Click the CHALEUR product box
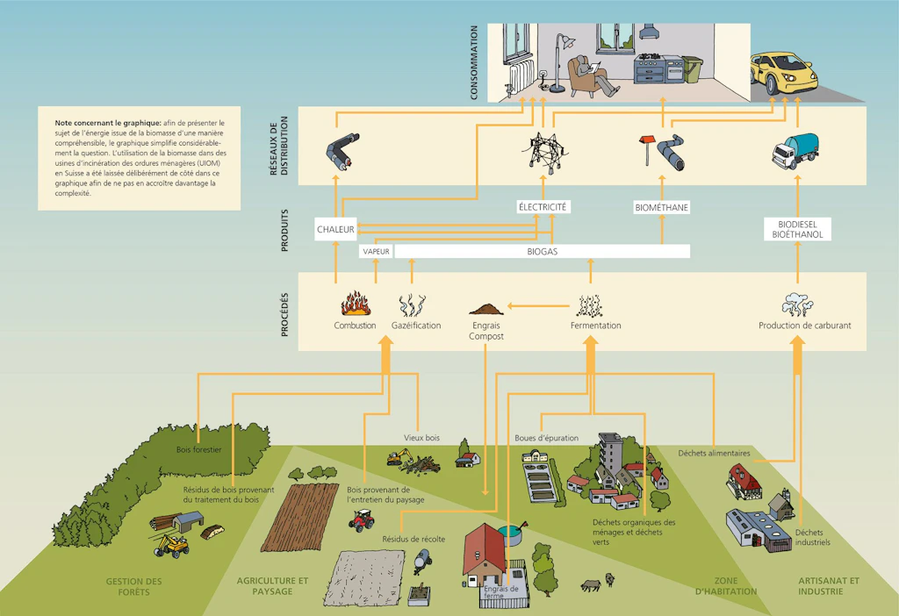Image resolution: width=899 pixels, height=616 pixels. (x=335, y=229)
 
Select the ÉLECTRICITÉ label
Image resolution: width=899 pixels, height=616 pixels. (x=543, y=207)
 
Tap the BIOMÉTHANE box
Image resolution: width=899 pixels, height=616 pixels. (x=662, y=207)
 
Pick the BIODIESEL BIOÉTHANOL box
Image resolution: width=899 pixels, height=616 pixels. (x=797, y=229)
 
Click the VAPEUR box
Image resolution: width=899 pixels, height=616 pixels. (x=376, y=252)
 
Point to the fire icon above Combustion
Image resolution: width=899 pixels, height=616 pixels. (x=356, y=304)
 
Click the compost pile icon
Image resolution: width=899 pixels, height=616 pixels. (x=486, y=309)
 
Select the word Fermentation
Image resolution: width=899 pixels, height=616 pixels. (x=596, y=326)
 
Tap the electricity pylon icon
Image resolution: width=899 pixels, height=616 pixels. (x=544, y=153)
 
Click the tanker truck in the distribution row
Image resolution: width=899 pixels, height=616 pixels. (x=795, y=151)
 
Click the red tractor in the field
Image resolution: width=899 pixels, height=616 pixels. (x=361, y=520)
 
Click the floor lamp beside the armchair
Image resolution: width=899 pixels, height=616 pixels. (x=559, y=62)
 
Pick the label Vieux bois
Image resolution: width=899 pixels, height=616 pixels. (x=422, y=438)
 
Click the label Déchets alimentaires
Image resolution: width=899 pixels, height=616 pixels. (x=714, y=454)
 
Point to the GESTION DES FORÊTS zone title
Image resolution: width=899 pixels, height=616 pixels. (x=133, y=586)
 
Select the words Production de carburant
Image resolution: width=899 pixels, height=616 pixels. (x=804, y=326)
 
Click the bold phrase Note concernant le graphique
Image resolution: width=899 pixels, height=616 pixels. (x=108, y=123)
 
